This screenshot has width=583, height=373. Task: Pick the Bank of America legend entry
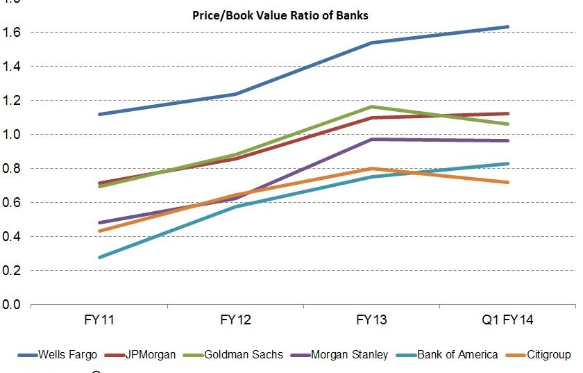click(x=457, y=354)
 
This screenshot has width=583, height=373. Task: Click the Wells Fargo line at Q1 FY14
click(x=508, y=27)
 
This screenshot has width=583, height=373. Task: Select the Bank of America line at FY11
click(x=100, y=257)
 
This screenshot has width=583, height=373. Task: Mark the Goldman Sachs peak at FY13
click(x=373, y=106)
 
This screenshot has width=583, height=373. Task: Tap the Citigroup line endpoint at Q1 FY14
click(x=508, y=183)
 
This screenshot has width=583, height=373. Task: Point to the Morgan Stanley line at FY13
click(x=373, y=140)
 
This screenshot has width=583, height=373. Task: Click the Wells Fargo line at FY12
click(x=236, y=94)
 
